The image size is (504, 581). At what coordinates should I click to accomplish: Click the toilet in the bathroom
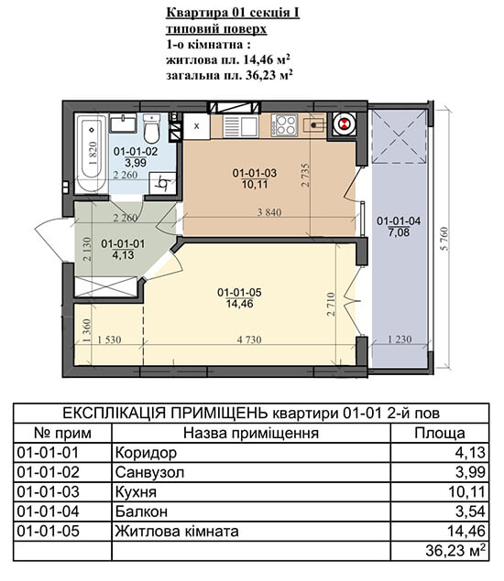(151, 129)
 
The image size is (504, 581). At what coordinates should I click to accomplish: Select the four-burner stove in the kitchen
(284, 124)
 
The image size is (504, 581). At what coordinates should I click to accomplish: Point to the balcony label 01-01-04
(399, 221)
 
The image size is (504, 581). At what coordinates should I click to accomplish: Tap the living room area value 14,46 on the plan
(240, 304)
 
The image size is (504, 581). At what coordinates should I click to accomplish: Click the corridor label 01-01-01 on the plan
(123, 243)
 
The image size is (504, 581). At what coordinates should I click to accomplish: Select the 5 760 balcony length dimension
(444, 239)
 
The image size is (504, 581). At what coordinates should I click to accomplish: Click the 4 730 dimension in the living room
(249, 339)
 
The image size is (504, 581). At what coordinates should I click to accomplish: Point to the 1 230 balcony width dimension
(400, 339)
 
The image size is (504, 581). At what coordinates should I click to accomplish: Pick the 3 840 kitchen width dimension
(269, 212)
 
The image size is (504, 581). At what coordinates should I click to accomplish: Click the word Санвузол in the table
(149, 472)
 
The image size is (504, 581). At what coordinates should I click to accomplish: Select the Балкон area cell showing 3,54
(470, 511)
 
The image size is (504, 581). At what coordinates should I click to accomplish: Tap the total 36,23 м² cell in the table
(455, 551)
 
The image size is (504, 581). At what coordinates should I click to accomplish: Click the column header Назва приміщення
(251, 433)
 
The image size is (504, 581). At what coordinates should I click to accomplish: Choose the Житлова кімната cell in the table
(177, 532)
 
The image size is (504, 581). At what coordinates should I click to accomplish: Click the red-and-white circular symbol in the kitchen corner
(344, 124)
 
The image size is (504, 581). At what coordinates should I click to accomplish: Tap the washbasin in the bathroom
(123, 124)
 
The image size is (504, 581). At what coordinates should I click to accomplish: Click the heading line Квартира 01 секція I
(233, 13)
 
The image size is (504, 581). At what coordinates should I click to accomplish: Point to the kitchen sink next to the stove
(240, 126)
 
